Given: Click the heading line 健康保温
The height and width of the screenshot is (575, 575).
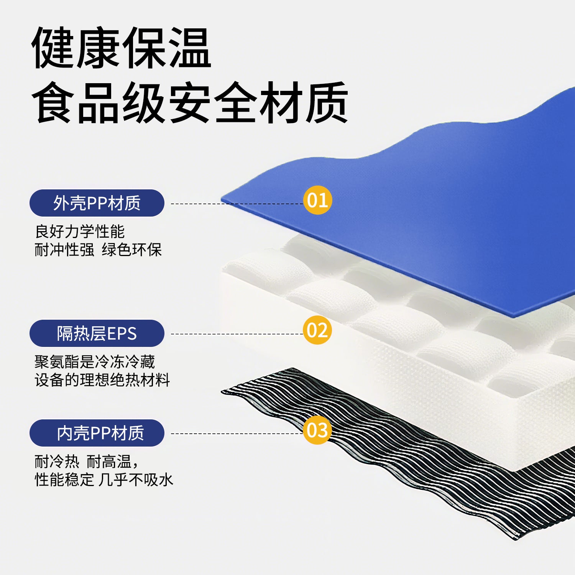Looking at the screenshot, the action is [x=121, y=48].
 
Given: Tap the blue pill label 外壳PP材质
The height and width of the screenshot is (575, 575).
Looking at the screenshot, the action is [x=97, y=203].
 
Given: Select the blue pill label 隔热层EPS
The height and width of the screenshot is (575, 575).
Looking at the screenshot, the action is [x=97, y=333].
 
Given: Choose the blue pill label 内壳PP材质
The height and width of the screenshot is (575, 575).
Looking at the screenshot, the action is [x=97, y=433].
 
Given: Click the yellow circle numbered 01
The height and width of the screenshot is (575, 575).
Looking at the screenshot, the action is [x=317, y=200].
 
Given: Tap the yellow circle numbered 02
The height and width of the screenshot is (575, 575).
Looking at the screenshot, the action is [x=317, y=330].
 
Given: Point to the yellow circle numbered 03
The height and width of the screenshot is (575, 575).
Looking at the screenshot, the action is [x=317, y=430].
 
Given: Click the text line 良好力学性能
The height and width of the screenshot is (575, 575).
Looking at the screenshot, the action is [x=80, y=232].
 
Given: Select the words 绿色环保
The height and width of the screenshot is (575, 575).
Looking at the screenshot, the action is [x=132, y=250].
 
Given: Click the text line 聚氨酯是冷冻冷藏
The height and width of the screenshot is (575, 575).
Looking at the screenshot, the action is [x=95, y=361].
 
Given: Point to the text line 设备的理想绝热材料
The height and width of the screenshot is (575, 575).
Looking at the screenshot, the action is [x=102, y=380].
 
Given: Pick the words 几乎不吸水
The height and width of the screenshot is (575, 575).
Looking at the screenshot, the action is [x=136, y=480].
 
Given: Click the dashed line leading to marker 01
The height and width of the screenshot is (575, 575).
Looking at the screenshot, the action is [x=237, y=204].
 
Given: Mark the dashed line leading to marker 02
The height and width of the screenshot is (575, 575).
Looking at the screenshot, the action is [x=237, y=334].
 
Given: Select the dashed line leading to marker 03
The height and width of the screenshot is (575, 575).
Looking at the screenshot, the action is [x=237, y=434].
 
